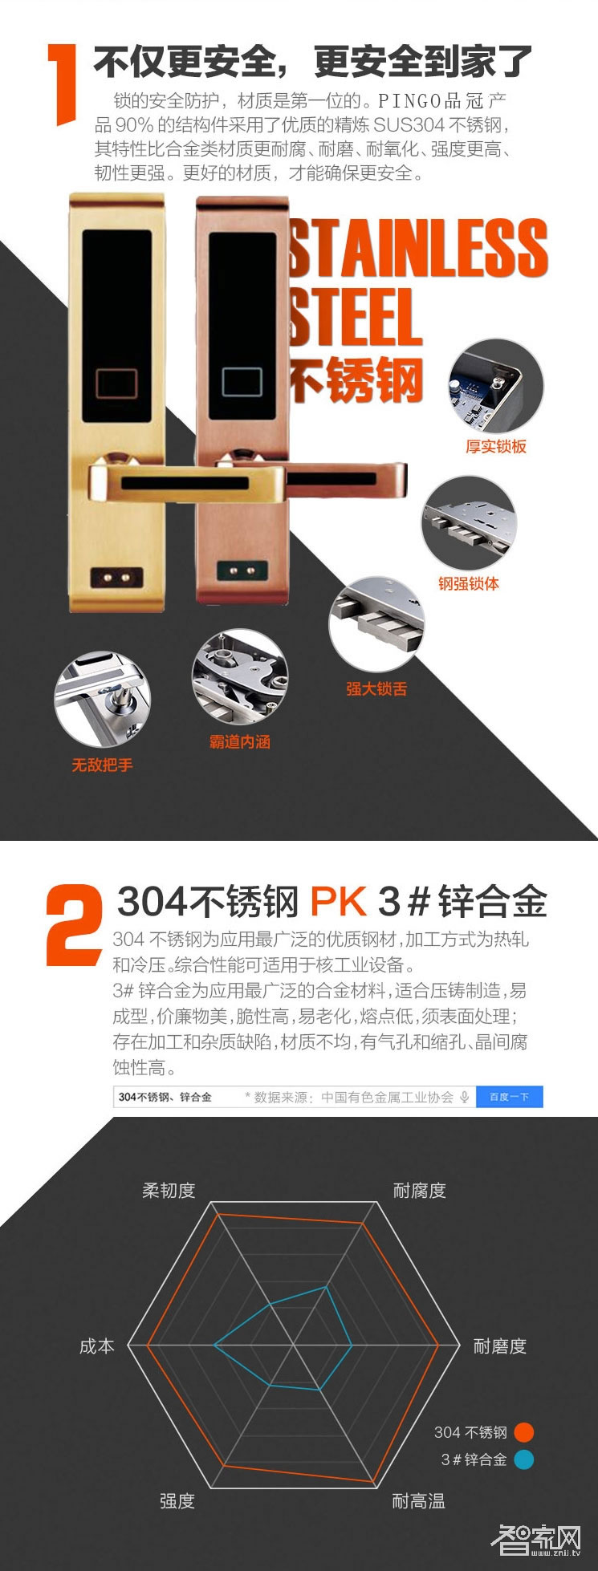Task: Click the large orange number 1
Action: click(63, 84)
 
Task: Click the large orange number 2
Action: click(74, 924)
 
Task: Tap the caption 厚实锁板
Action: click(495, 447)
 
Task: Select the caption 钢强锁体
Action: click(468, 583)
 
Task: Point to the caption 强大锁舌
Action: click(376, 688)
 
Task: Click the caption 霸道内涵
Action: click(239, 742)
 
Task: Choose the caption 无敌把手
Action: click(102, 765)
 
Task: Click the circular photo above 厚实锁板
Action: click(495, 387)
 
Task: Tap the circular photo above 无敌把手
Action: click(102, 699)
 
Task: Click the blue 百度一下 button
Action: click(509, 1097)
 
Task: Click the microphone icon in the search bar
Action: click(464, 1097)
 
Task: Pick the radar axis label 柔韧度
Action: click(169, 1191)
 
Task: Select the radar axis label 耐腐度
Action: click(419, 1191)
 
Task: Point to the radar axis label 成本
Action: click(97, 1346)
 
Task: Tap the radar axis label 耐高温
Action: click(418, 1501)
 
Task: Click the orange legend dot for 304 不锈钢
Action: click(523, 1432)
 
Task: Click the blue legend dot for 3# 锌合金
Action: click(523, 1459)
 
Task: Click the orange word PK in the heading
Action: click(338, 901)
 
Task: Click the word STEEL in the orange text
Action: click(356, 317)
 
